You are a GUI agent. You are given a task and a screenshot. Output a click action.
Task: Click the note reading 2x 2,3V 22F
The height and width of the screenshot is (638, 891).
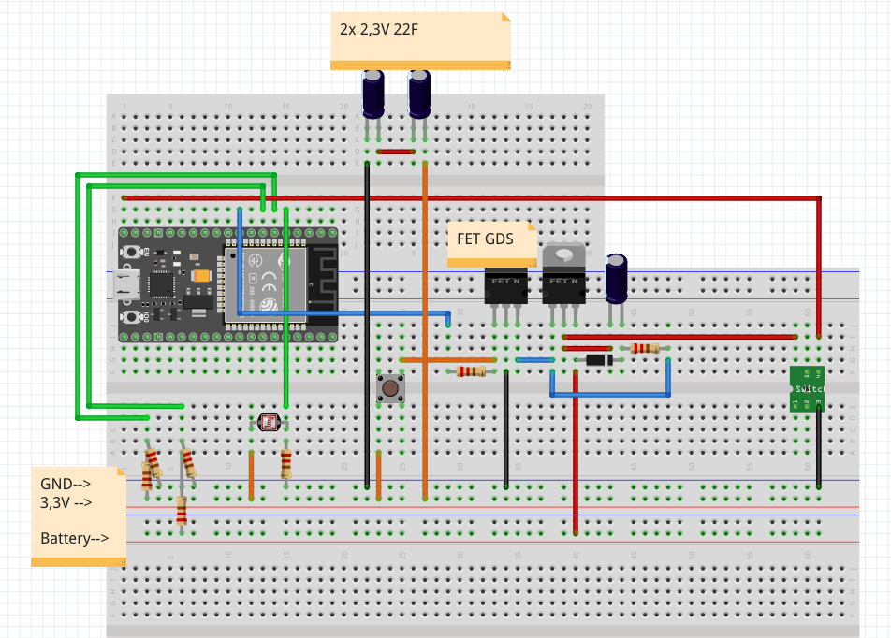point(420,39)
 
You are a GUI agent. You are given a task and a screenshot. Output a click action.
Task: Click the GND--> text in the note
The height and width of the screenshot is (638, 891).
point(66,484)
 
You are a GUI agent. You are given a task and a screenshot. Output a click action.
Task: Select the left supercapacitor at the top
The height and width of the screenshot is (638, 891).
point(374,94)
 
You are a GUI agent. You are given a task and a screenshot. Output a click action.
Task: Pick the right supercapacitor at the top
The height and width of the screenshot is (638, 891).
point(420,94)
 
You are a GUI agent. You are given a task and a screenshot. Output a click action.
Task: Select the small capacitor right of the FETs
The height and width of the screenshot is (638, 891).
point(617,279)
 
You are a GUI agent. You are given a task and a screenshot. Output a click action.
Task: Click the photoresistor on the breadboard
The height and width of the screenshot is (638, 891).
point(270,422)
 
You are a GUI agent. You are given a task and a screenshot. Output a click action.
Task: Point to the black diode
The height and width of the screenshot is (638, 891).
point(599,359)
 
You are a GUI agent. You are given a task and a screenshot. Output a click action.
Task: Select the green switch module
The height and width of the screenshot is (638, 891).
point(807,387)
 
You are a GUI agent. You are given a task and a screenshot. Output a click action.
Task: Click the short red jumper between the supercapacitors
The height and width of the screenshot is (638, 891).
point(396,151)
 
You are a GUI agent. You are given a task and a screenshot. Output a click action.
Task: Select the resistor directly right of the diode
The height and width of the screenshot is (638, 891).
point(645,348)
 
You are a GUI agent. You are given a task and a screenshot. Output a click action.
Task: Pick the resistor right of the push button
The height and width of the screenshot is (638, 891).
point(471,371)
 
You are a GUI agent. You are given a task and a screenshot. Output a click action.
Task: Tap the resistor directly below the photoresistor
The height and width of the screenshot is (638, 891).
point(286,463)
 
